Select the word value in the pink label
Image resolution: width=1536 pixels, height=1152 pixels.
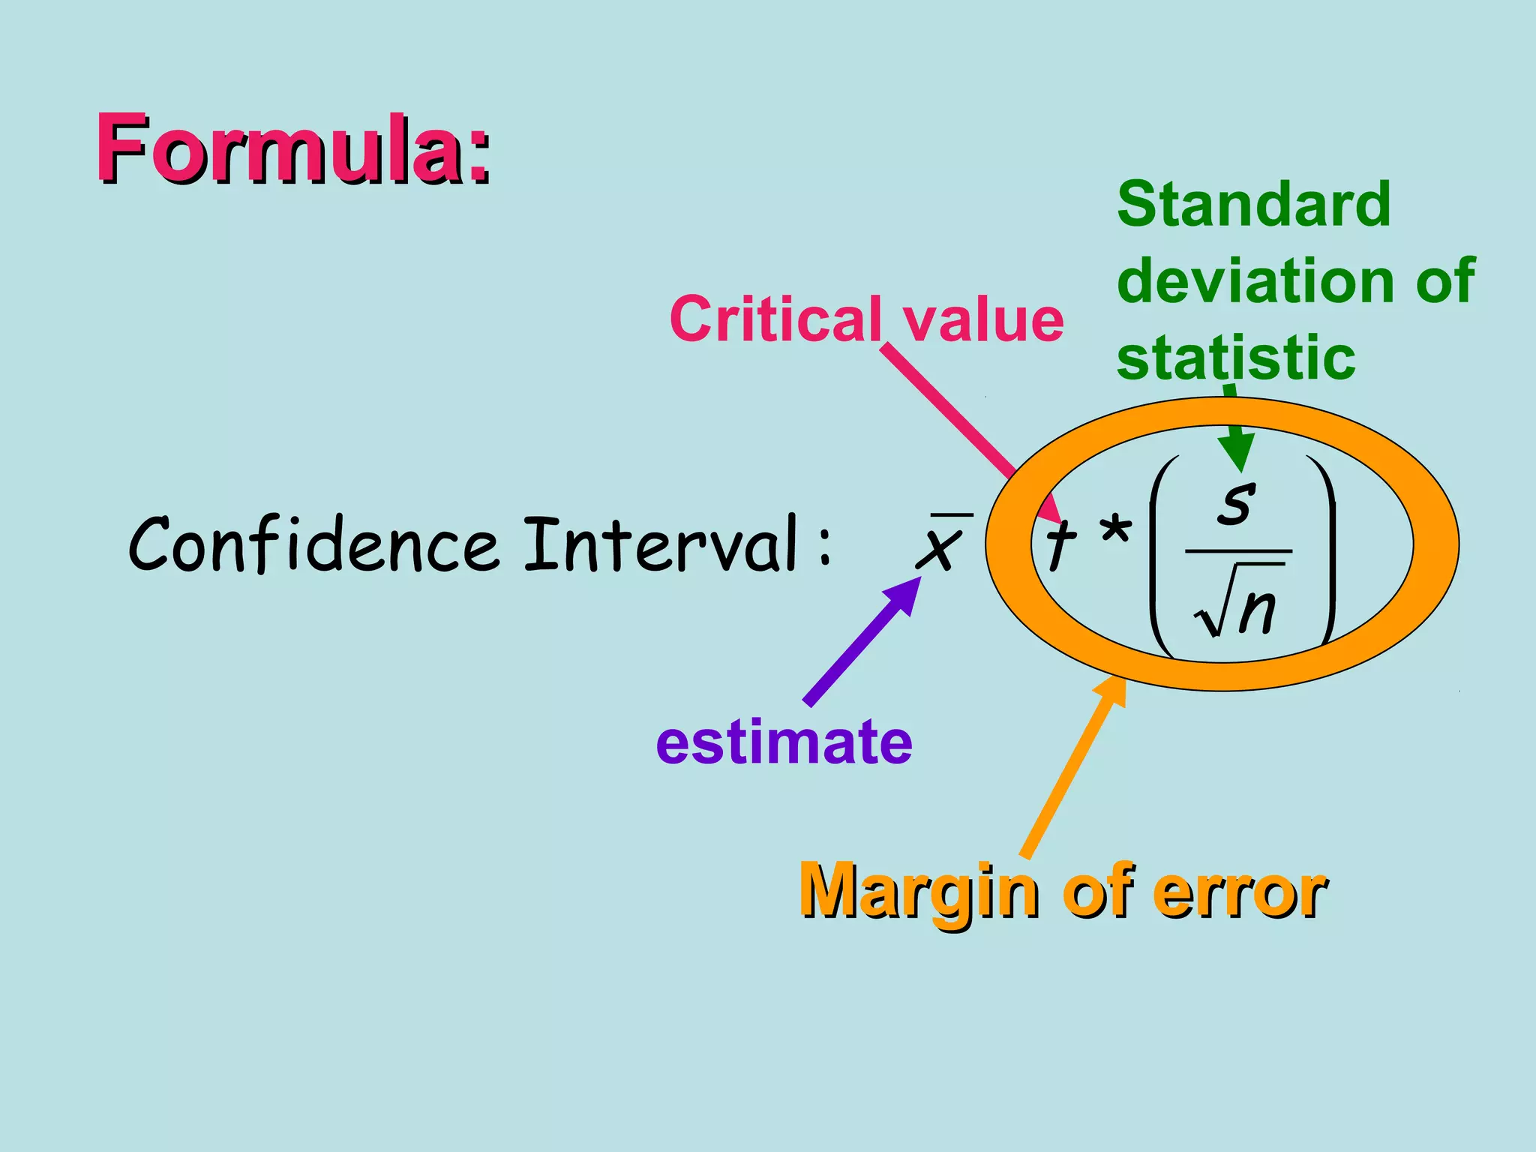point(983,319)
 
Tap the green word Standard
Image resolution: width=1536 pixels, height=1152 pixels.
point(1253,204)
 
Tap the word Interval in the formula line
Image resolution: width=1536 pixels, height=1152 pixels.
point(660,543)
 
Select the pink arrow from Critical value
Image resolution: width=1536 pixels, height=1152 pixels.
point(952,416)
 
